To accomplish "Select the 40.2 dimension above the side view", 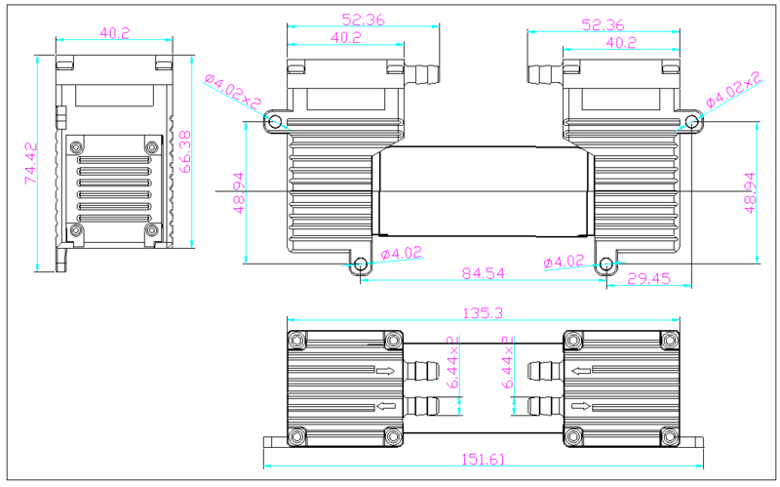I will tap(114, 32).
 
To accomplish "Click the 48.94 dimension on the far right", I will tap(750, 192).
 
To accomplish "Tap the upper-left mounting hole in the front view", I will tap(275, 121).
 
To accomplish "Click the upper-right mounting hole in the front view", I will tap(692, 121).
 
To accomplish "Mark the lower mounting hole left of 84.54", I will tap(360, 264).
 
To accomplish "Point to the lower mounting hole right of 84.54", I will tap(606, 264).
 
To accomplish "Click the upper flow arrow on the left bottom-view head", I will tap(386, 371).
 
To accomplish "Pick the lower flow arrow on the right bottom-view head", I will tap(582, 406).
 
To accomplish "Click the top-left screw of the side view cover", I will tap(74, 147).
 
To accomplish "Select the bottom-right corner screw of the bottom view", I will tap(669, 435).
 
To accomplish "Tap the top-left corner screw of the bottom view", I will tap(296, 340).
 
